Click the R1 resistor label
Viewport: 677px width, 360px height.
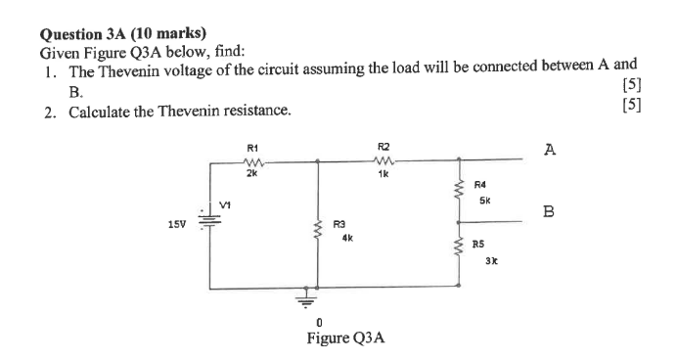251,148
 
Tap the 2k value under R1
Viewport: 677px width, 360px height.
251,173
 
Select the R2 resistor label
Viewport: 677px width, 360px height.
383,148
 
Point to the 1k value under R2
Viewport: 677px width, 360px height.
383,173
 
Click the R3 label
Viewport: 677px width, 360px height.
339,224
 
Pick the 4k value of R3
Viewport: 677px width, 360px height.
347,237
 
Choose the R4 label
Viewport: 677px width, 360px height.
479,183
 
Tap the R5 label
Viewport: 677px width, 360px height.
478,245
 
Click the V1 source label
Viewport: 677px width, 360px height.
226,206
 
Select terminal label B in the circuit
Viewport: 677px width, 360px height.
549,210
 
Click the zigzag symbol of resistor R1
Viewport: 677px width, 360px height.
252,159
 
